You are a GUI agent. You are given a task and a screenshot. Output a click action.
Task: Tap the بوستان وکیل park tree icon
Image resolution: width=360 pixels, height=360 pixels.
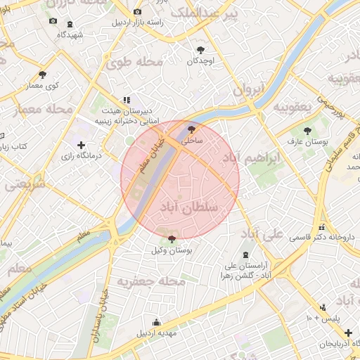pos(173,240)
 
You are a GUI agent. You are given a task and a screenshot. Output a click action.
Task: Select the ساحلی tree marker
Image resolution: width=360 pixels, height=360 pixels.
pos(191,129)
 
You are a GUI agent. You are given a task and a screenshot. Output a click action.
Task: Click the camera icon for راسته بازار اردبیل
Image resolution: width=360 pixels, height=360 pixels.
pos(137,12)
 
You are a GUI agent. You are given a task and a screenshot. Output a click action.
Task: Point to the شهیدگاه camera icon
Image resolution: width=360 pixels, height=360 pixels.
pos(53,21)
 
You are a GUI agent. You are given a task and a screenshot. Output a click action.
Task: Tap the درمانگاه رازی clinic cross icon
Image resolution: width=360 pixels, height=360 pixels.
pos(82,145)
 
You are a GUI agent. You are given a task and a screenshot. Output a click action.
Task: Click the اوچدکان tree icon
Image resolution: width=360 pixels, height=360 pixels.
pos(202,49)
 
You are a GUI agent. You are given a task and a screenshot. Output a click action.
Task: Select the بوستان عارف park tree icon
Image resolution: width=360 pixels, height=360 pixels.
pos(307,130)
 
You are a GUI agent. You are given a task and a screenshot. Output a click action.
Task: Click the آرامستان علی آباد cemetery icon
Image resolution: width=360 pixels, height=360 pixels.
pos(244,255)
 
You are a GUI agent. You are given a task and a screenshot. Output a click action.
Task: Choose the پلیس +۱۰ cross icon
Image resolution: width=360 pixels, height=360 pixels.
pos(322,307)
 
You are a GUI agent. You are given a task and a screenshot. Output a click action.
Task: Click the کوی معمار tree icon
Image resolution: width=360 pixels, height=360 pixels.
pos(43,74)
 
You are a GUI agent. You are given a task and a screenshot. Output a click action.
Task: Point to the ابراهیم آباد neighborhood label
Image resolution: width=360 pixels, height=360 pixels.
pos(250,158)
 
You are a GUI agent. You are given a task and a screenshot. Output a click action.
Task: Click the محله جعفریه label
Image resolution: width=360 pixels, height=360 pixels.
pos(150,282)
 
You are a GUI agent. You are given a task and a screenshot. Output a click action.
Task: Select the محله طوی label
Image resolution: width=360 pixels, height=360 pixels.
pos(134,63)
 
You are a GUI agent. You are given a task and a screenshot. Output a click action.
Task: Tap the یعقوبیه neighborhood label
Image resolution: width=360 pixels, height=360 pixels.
pos(292,107)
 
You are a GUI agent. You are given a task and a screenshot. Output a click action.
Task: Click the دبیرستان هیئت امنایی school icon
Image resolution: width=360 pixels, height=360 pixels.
pos(126,101)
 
